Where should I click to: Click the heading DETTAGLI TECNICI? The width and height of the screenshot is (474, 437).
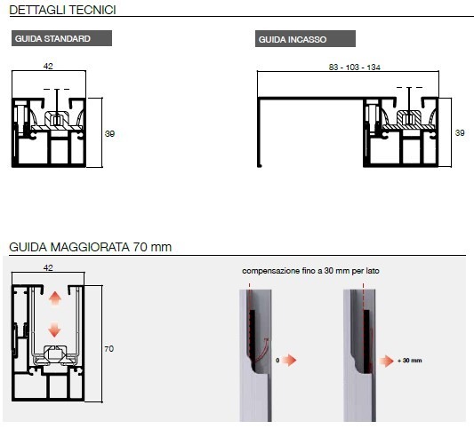click(62, 10)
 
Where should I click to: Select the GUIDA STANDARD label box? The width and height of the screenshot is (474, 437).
click(61, 38)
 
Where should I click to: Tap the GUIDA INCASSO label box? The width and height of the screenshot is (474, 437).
click(305, 39)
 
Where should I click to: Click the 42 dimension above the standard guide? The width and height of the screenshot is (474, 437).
click(48, 66)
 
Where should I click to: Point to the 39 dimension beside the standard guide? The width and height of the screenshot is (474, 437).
click(109, 134)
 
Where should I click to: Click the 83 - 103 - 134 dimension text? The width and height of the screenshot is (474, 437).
click(354, 67)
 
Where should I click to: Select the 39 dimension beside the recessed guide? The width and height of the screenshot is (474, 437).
click(460, 133)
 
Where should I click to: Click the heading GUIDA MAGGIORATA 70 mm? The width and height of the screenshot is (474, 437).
click(91, 247)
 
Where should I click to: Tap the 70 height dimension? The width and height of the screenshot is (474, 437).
click(109, 349)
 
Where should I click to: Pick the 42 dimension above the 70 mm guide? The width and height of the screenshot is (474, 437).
click(48, 268)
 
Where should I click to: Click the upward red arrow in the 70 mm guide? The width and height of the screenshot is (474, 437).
click(55, 298)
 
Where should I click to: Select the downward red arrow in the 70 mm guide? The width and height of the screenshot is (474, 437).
click(54, 330)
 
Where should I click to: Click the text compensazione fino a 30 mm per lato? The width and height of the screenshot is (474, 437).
click(310, 271)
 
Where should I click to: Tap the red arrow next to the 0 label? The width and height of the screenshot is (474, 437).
click(289, 360)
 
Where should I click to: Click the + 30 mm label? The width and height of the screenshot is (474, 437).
click(410, 361)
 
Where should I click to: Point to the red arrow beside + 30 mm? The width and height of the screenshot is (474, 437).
click(387, 361)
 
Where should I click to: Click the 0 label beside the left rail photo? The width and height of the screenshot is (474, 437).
click(277, 360)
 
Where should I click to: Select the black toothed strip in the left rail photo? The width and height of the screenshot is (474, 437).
click(252, 330)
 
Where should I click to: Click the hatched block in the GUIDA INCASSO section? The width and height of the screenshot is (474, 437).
click(409, 121)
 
